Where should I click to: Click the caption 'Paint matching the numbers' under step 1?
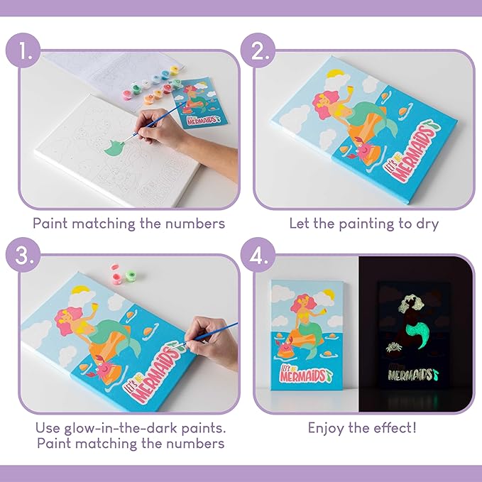tap(128, 223)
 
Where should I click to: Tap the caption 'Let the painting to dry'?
tap(363, 223)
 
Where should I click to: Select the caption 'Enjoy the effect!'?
tap(363, 428)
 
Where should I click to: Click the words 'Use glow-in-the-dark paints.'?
tap(128, 428)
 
